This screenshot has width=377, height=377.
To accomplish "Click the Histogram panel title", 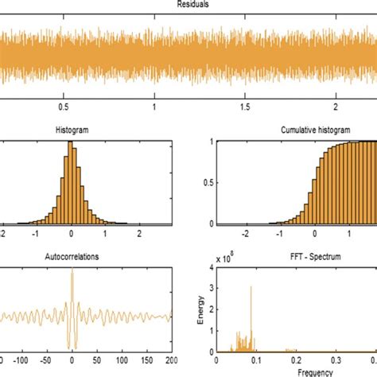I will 72,130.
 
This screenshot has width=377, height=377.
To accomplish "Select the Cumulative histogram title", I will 314,130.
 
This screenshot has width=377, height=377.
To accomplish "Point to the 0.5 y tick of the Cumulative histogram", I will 205,183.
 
